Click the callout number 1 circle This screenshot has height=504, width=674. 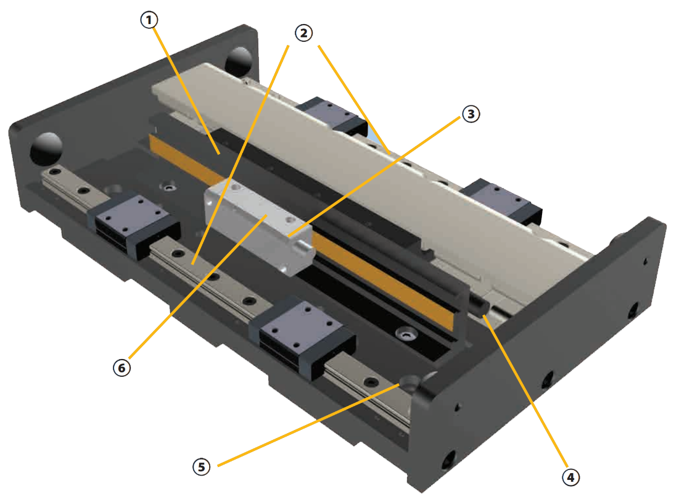coord(147,20)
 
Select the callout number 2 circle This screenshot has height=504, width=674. coord(302,33)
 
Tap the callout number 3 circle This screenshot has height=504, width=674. coord(470,114)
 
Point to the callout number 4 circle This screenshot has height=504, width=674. coord(570,476)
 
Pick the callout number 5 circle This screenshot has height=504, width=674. coord(201,466)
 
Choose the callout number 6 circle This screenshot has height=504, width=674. coord(121,368)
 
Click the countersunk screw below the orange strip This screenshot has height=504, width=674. coord(406,334)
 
